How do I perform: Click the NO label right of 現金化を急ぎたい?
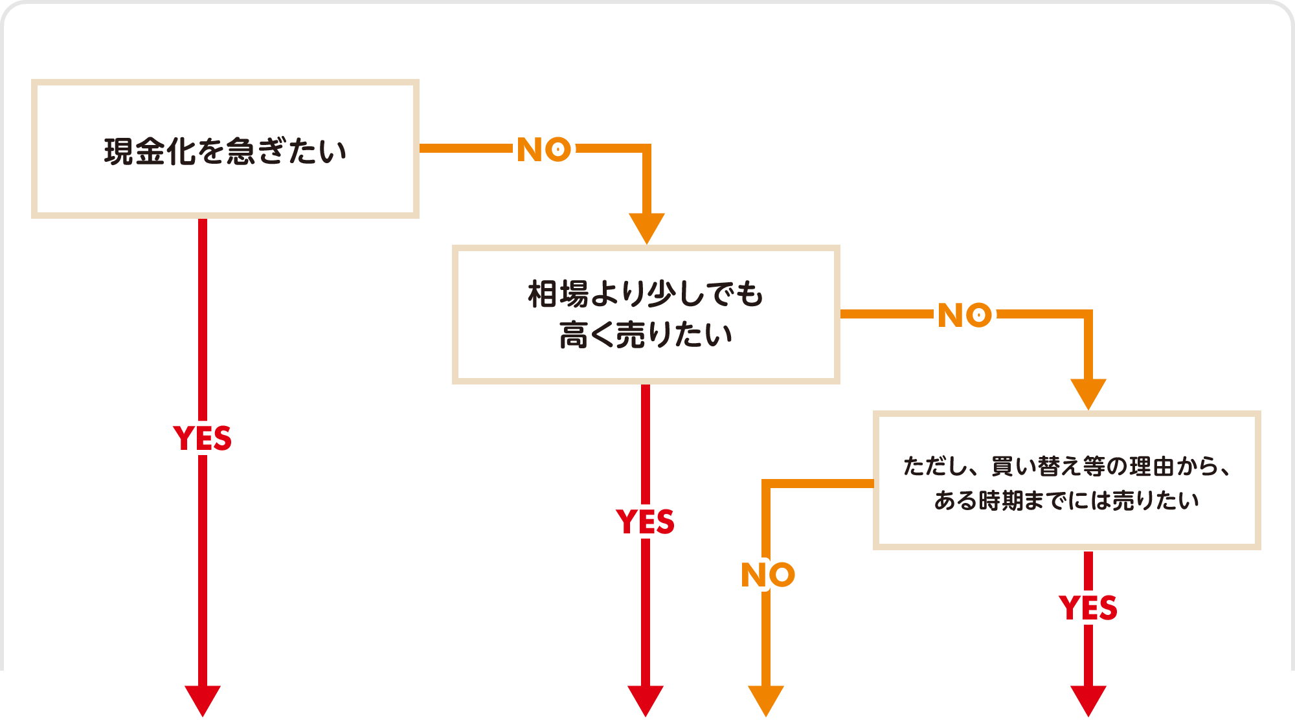click(544, 150)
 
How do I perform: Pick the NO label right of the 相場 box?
click(965, 315)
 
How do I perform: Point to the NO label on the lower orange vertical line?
click(767, 575)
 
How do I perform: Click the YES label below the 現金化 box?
click(203, 438)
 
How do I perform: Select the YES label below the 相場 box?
click(646, 522)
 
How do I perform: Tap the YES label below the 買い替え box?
click(1088, 608)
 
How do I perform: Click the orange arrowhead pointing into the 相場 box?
click(647, 227)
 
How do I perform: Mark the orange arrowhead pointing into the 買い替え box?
click(1088, 393)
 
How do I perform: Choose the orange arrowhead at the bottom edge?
click(766, 700)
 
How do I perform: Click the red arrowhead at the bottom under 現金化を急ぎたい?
click(203, 700)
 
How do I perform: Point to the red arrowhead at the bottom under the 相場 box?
click(646, 700)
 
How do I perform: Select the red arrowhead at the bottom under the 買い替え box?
click(1088, 700)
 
